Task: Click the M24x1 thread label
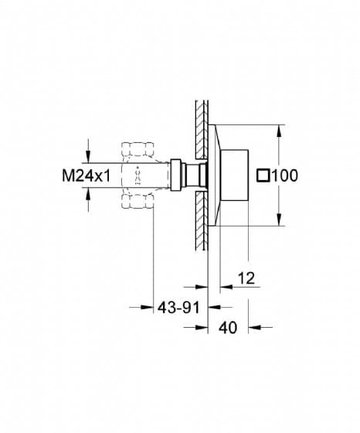[x=86, y=176]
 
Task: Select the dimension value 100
[x=285, y=176]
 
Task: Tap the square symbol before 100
[x=263, y=176]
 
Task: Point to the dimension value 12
[x=246, y=278]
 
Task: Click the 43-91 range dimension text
[x=178, y=307]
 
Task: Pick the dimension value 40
[x=228, y=328]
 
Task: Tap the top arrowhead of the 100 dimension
[x=279, y=131]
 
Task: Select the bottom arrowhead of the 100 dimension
[x=279, y=220]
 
